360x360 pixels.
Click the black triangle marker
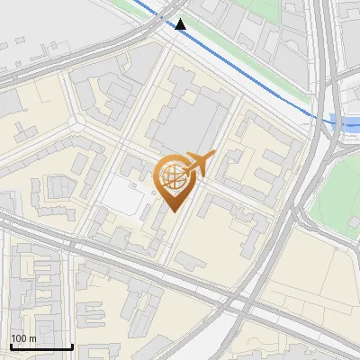pos(181,24)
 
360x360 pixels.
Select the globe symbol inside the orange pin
pos(172,175)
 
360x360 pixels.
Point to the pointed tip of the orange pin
pos(173,212)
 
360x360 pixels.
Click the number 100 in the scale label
pos(19,338)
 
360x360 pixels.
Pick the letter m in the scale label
pos(32,338)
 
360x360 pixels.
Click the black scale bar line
pos(40,346)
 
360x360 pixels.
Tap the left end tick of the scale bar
pos(10,345)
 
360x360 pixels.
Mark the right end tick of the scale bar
pos(72,345)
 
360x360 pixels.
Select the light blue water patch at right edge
pos(346,120)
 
